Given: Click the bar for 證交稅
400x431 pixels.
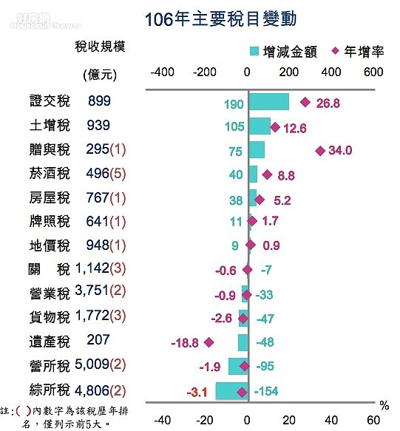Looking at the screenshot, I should point(269,103).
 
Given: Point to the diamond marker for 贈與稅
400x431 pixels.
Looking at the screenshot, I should point(320,150).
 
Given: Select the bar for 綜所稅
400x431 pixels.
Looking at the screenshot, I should point(231,390).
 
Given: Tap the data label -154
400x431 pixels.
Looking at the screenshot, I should point(268,390).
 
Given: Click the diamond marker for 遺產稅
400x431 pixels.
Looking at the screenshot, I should point(209,342).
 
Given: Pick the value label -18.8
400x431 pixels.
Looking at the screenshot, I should point(186,342).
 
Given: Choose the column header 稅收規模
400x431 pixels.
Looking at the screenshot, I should point(100,47).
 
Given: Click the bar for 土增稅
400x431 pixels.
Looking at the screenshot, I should point(260,126).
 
